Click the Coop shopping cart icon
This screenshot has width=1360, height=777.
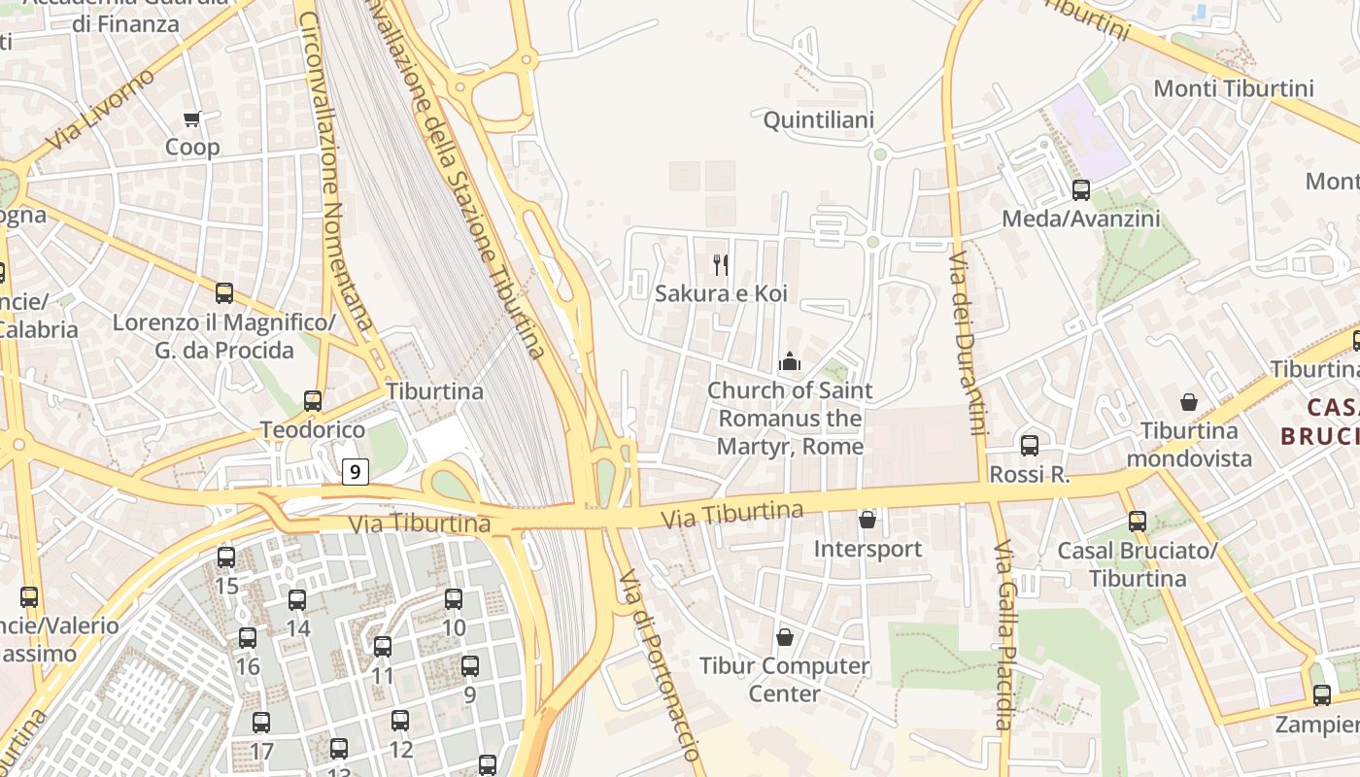(x=191, y=119)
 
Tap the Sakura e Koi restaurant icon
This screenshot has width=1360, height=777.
(x=721, y=264)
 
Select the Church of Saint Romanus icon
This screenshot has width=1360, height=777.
(x=790, y=362)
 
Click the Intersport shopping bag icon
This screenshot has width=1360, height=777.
(x=867, y=521)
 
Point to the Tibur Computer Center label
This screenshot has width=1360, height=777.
(x=785, y=680)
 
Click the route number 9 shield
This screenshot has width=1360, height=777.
(x=357, y=472)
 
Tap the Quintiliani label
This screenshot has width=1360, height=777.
(x=819, y=120)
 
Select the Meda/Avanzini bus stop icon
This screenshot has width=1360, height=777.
(x=1080, y=190)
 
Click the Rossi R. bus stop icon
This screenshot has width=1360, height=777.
(x=1030, y=446)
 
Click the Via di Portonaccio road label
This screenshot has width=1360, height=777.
(x=661, y=665)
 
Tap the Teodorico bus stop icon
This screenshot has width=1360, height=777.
(x=313, y=400)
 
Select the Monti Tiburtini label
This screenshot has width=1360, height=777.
(x=1233, y=88)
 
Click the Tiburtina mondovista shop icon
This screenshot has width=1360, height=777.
(x=1188, y=402)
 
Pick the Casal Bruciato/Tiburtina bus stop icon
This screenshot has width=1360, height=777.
(x=1138, y=522)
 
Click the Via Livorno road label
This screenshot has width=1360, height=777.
(x=100, y=110)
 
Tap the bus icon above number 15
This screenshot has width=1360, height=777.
(x=226, y=557)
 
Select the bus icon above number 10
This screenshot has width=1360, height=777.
(x=454, y=599)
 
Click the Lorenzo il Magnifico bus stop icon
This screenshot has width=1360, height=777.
(x=224, y=292)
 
